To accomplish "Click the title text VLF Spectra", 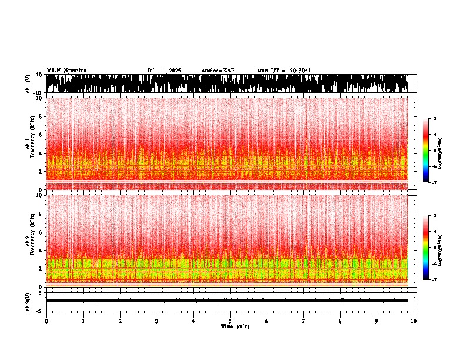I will pyautogui.click(x=66, y=71).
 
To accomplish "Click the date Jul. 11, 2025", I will pyautogui.click(x=164, y=71).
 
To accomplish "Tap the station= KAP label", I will pyautogui.click(x=218, y=71).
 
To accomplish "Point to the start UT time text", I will pyautogui.click(x=284, y=71).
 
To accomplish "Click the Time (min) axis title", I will pyautogui.click(x=235, y=326).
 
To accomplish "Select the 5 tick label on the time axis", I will pyautogui.click(x=230, y=321).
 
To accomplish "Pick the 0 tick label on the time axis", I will pyautogui.click(x=46, y=321).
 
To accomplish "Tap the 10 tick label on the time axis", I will pyautogui.click(x=414, y=321).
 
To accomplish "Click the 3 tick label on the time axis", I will pyautogui.click(x=157, y=321).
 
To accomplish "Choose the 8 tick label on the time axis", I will pyautogui.click(x=340, y=321).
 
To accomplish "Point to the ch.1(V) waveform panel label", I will pyautogui.click(x=28, y=84).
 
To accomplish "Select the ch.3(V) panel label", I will pyautogui.click(x=28, y=300).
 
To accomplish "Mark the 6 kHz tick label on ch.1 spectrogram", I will pyautogui.click(x=39, y=135).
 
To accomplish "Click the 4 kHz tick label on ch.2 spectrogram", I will pyautogui.click(x=39, y=250).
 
